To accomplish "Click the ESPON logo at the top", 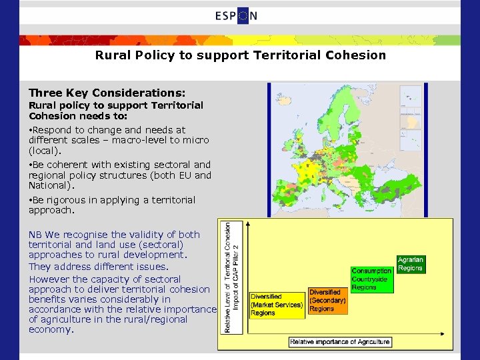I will click(235, 16).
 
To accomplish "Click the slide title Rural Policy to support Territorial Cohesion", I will click(240, 55).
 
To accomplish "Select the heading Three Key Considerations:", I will click(107, 93).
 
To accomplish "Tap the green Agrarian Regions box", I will click(410, 264).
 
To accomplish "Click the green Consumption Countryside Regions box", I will click(371, 279).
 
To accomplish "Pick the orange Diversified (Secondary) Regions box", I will click(327, 301).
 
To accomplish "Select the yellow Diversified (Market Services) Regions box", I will click(277, 305).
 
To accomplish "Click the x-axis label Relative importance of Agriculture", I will click(339, 342).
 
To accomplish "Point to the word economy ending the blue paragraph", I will click(50, 329).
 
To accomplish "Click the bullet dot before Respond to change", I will click(31, 130).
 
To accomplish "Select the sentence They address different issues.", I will click(89, 267).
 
